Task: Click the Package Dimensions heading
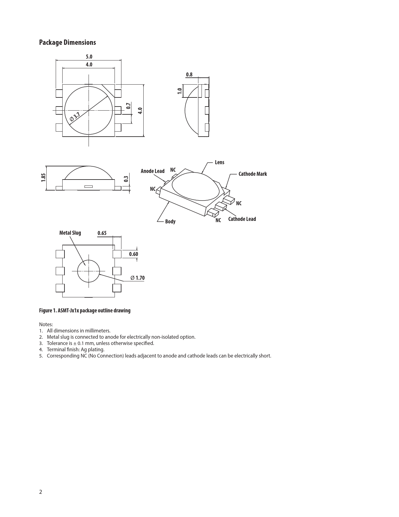(67, 43)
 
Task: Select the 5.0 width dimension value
(89, 57)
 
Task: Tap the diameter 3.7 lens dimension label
(75, 117)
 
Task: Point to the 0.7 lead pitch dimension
(128, 106)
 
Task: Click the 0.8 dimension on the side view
(189, 75)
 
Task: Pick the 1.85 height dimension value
(43, 178)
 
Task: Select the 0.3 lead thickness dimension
(126, 179)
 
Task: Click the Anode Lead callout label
(152, 171)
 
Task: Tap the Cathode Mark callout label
(253, 174)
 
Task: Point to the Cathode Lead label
(242, 219)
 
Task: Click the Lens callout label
(219, 162)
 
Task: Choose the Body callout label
(170, 222)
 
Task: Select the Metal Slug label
(70, 233)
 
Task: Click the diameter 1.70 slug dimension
(137, 278)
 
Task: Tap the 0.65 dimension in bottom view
(102, 233)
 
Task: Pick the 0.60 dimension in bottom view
(134, 254)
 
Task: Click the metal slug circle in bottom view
(89, 271)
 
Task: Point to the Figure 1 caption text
(84, 311)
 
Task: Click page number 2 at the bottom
(41, 492)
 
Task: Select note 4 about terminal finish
(75, 349)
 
